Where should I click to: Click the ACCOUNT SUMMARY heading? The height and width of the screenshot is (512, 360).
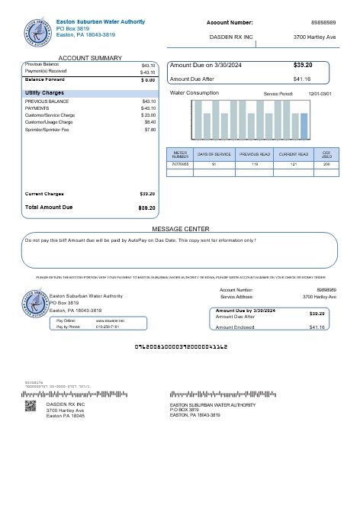point(90,58)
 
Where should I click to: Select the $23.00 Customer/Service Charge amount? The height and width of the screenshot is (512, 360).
point(149,114)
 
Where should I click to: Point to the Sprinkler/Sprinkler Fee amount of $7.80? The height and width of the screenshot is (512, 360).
point(149,130)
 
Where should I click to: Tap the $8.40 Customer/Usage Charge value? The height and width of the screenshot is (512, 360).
point(149,122)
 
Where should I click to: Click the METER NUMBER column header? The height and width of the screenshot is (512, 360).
point(180,154)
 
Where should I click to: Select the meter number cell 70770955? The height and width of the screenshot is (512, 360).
point(180,164)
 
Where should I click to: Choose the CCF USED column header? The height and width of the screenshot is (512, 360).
point(326,154)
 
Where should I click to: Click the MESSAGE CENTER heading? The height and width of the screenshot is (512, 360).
point(180,229)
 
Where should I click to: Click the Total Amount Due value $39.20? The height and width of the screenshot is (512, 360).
point(147,208)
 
